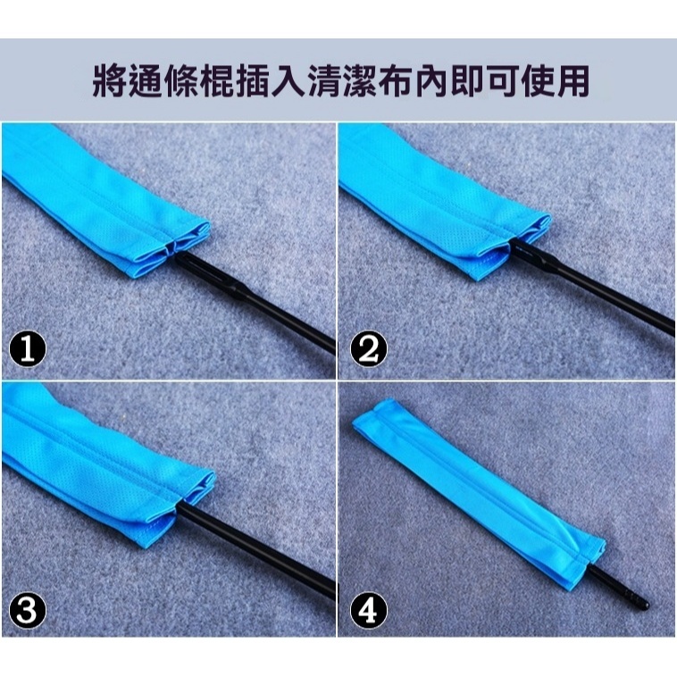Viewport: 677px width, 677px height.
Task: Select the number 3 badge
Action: pos(28,610)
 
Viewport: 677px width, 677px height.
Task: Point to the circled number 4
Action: pos(365,610)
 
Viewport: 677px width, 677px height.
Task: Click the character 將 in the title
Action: pos(110,79)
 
